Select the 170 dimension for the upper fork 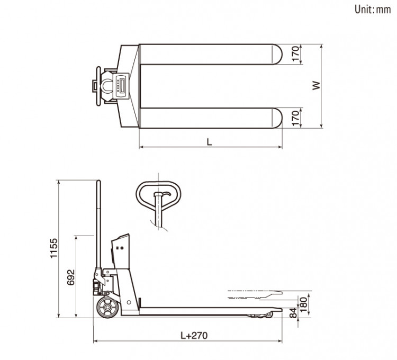pyautogui.click(x=296, y=54)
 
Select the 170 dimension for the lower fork pyautogui.click(x=296, y=118)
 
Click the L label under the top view pyautogui.click(x=210, y=142)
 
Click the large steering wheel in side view pyautogui.click(x=106, y=309)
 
